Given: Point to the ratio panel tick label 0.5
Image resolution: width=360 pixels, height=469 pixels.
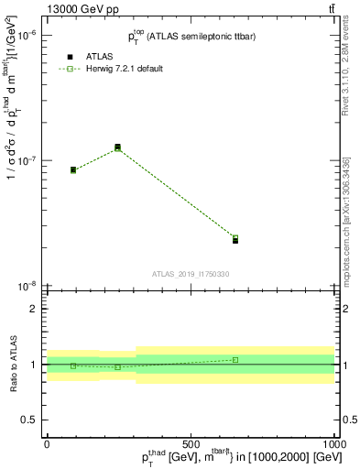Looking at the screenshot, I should [28, 420].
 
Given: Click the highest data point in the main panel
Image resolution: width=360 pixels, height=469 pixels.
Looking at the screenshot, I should [117, 147].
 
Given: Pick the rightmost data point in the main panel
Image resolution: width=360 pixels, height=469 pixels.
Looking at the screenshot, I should [235, 239].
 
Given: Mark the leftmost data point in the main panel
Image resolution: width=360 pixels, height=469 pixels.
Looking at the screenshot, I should [73, 169].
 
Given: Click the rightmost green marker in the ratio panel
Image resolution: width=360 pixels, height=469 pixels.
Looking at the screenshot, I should [235, 360].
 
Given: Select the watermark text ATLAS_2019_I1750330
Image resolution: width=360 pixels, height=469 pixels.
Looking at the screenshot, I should [191, 274].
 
